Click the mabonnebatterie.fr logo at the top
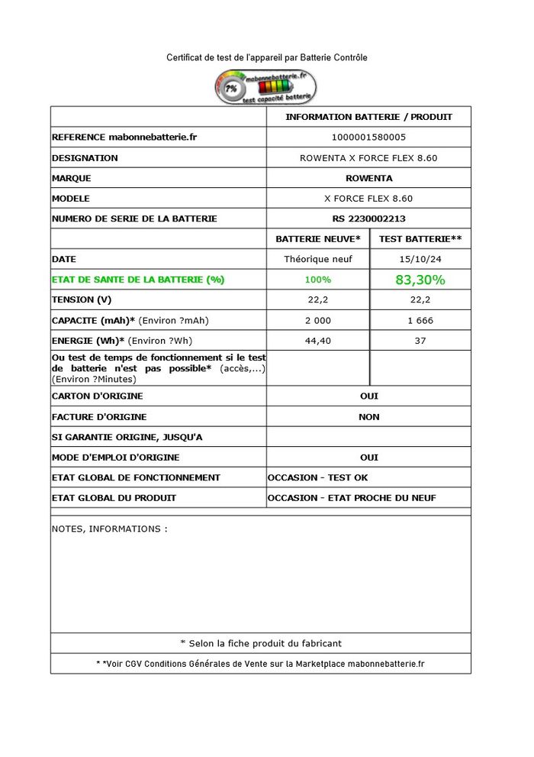click(x=265, y=87)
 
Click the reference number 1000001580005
click(x=368, y=137)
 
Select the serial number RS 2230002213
click(x=368, y=218)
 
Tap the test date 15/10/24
click(x=420, y=259)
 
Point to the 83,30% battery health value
click(x=420, y=280)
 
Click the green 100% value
click(x=317, y=280)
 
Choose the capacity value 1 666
click(x=420, y=321)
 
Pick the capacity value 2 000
click(x=317, y=321)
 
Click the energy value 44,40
click(x=317, y=341)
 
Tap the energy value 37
click(x=420, y=341)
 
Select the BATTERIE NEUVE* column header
click(x=317, y=239)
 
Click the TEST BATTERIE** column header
click(x=420, y=239)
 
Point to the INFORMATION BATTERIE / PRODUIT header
click(x=368, y=117)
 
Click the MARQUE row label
click(x=71, y=178)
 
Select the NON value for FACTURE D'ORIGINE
click(x=368, y=417)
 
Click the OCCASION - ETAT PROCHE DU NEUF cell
click(x=352, y=498)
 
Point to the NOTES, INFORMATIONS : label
click(x=109, y=529)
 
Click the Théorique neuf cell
click(x=317, y=259)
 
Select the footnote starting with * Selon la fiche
click(x=261, y=643)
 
